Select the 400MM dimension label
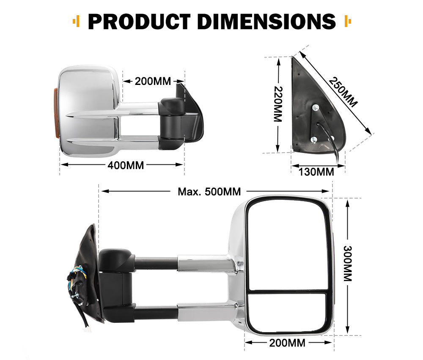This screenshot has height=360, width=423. tap(126, 165)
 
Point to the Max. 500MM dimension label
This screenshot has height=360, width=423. tap(209, 191)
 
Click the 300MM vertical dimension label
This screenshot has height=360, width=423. tap(348, 264)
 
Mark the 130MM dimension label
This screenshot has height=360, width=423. tap(316, 172)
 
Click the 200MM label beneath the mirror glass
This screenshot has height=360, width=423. tap(287, 343)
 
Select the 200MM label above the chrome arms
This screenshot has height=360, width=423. tap(153, 81)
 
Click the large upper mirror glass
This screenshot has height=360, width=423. tap(288, 245)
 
